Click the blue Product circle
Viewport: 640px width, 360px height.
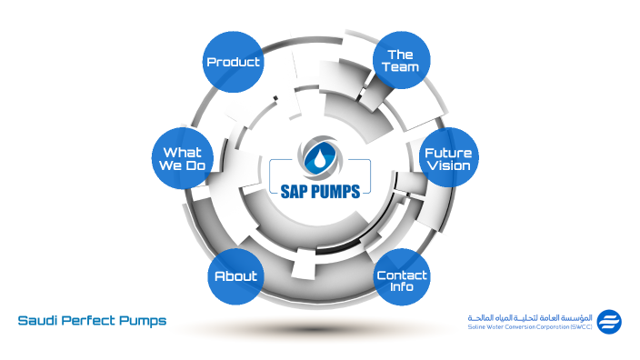[x=233, y=62]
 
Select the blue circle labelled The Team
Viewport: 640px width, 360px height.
[x=401, y=62]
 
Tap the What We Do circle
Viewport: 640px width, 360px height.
[x=182, y=159]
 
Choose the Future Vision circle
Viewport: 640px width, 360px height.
[x=447, y=159]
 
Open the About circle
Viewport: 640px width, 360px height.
[x=235, y=275]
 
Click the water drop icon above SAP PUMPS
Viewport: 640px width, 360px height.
[x=318, y=155]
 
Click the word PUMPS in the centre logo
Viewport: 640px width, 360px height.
[x=335, y=192]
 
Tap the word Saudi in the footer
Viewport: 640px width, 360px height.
[x=38, y=321]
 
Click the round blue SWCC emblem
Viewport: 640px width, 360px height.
[x=609, y=321]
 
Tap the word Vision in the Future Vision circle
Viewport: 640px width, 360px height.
[x=447, y=166]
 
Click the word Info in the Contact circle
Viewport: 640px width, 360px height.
[x=401, y=287]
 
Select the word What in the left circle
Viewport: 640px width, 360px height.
[x=182, y=152]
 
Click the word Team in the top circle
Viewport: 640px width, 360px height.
[x=401, y=68]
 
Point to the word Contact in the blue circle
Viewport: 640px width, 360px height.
[x=401, y=275]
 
